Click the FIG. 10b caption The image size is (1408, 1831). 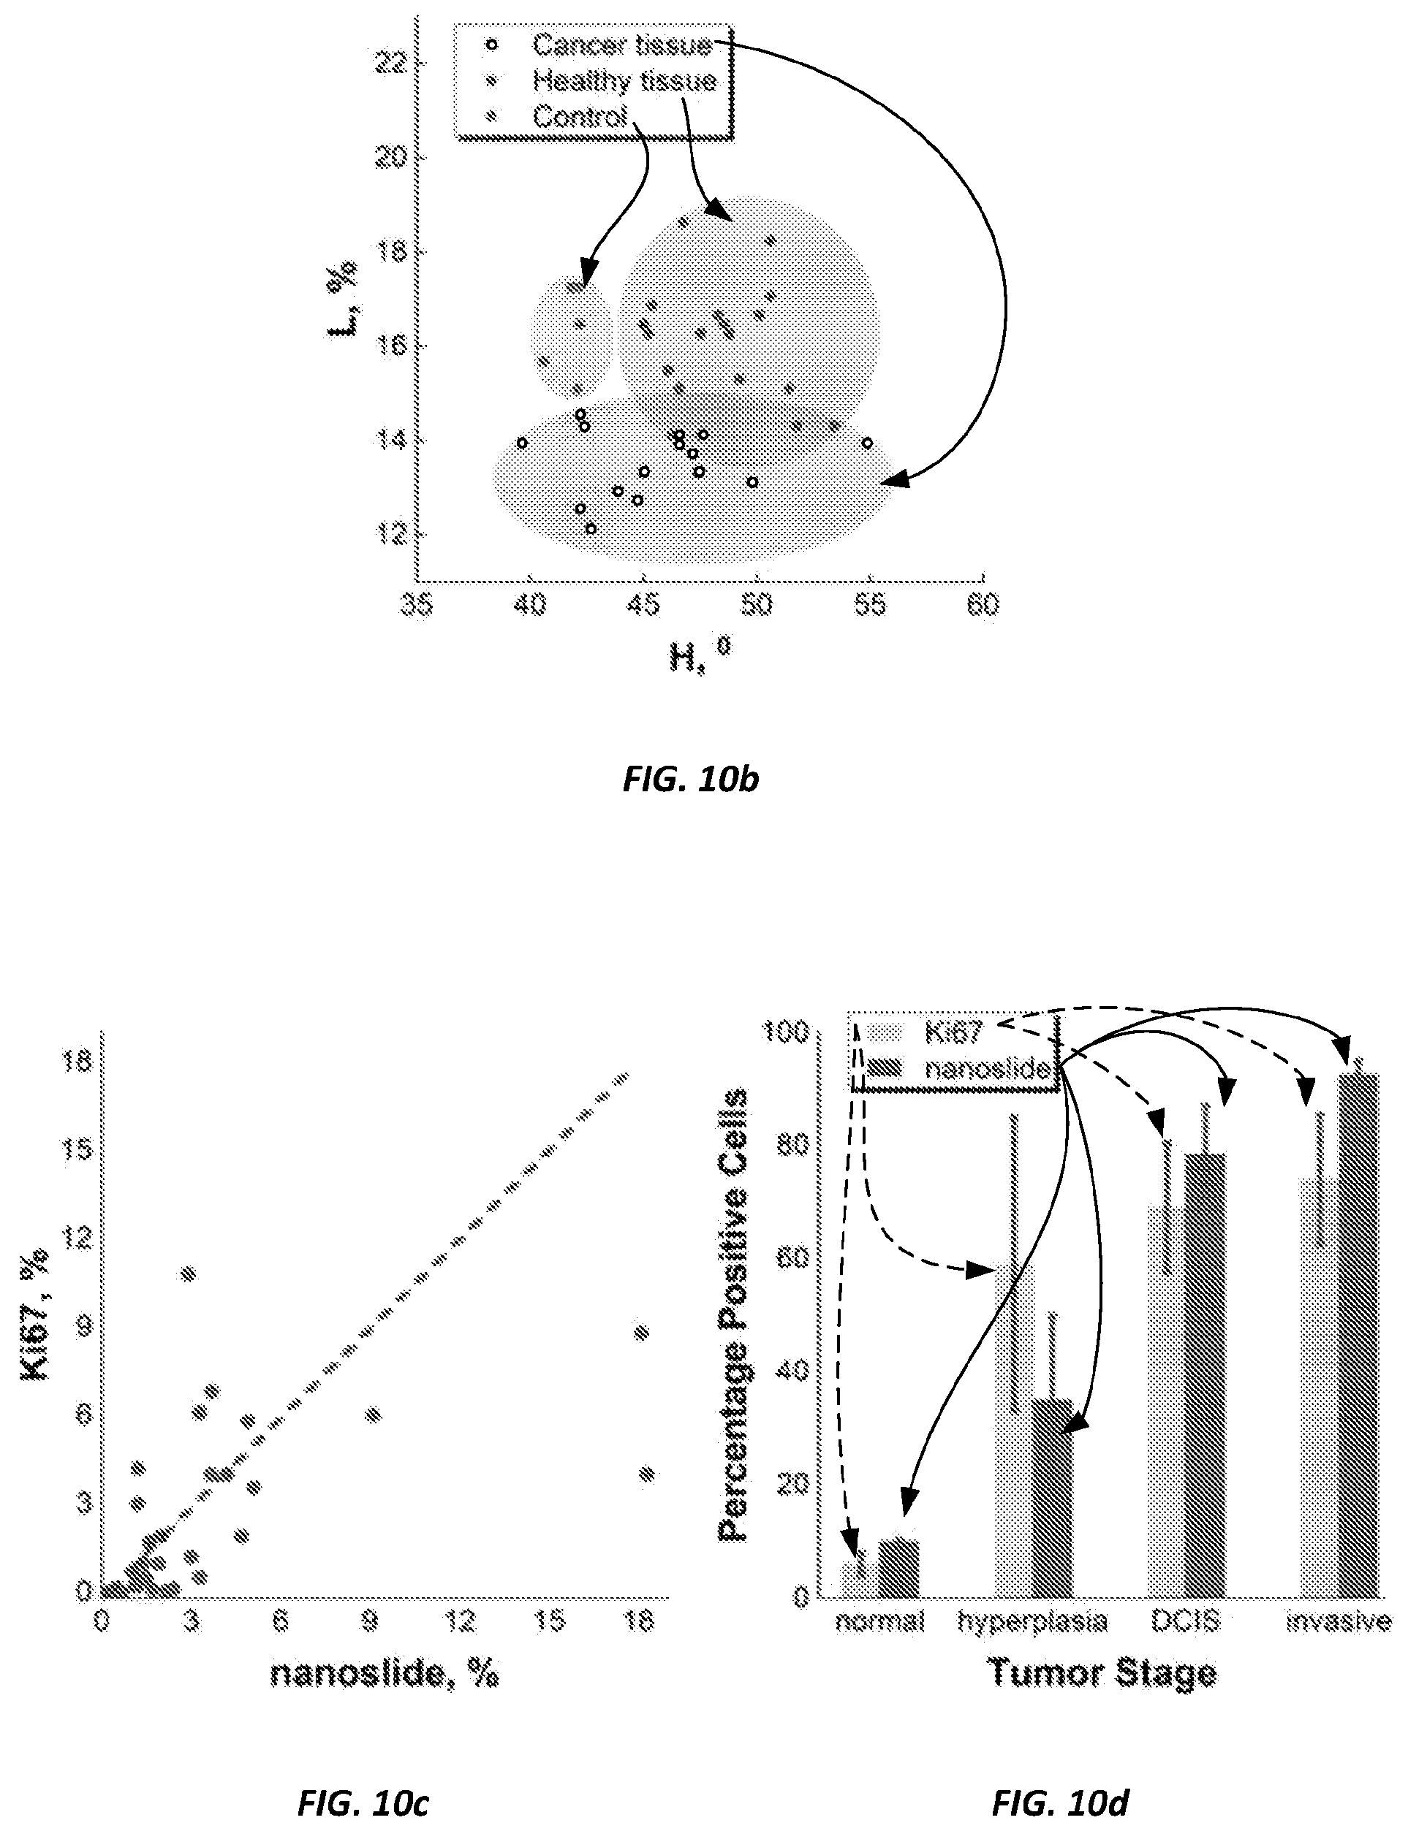click(691, 780)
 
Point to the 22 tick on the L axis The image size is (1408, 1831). click(390, 63)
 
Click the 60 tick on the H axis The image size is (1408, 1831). click(983, 605)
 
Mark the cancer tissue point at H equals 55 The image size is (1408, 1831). click(868, 443)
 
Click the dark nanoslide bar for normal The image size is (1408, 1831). click(898, 1568)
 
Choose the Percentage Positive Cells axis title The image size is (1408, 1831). click(733, 1314)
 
